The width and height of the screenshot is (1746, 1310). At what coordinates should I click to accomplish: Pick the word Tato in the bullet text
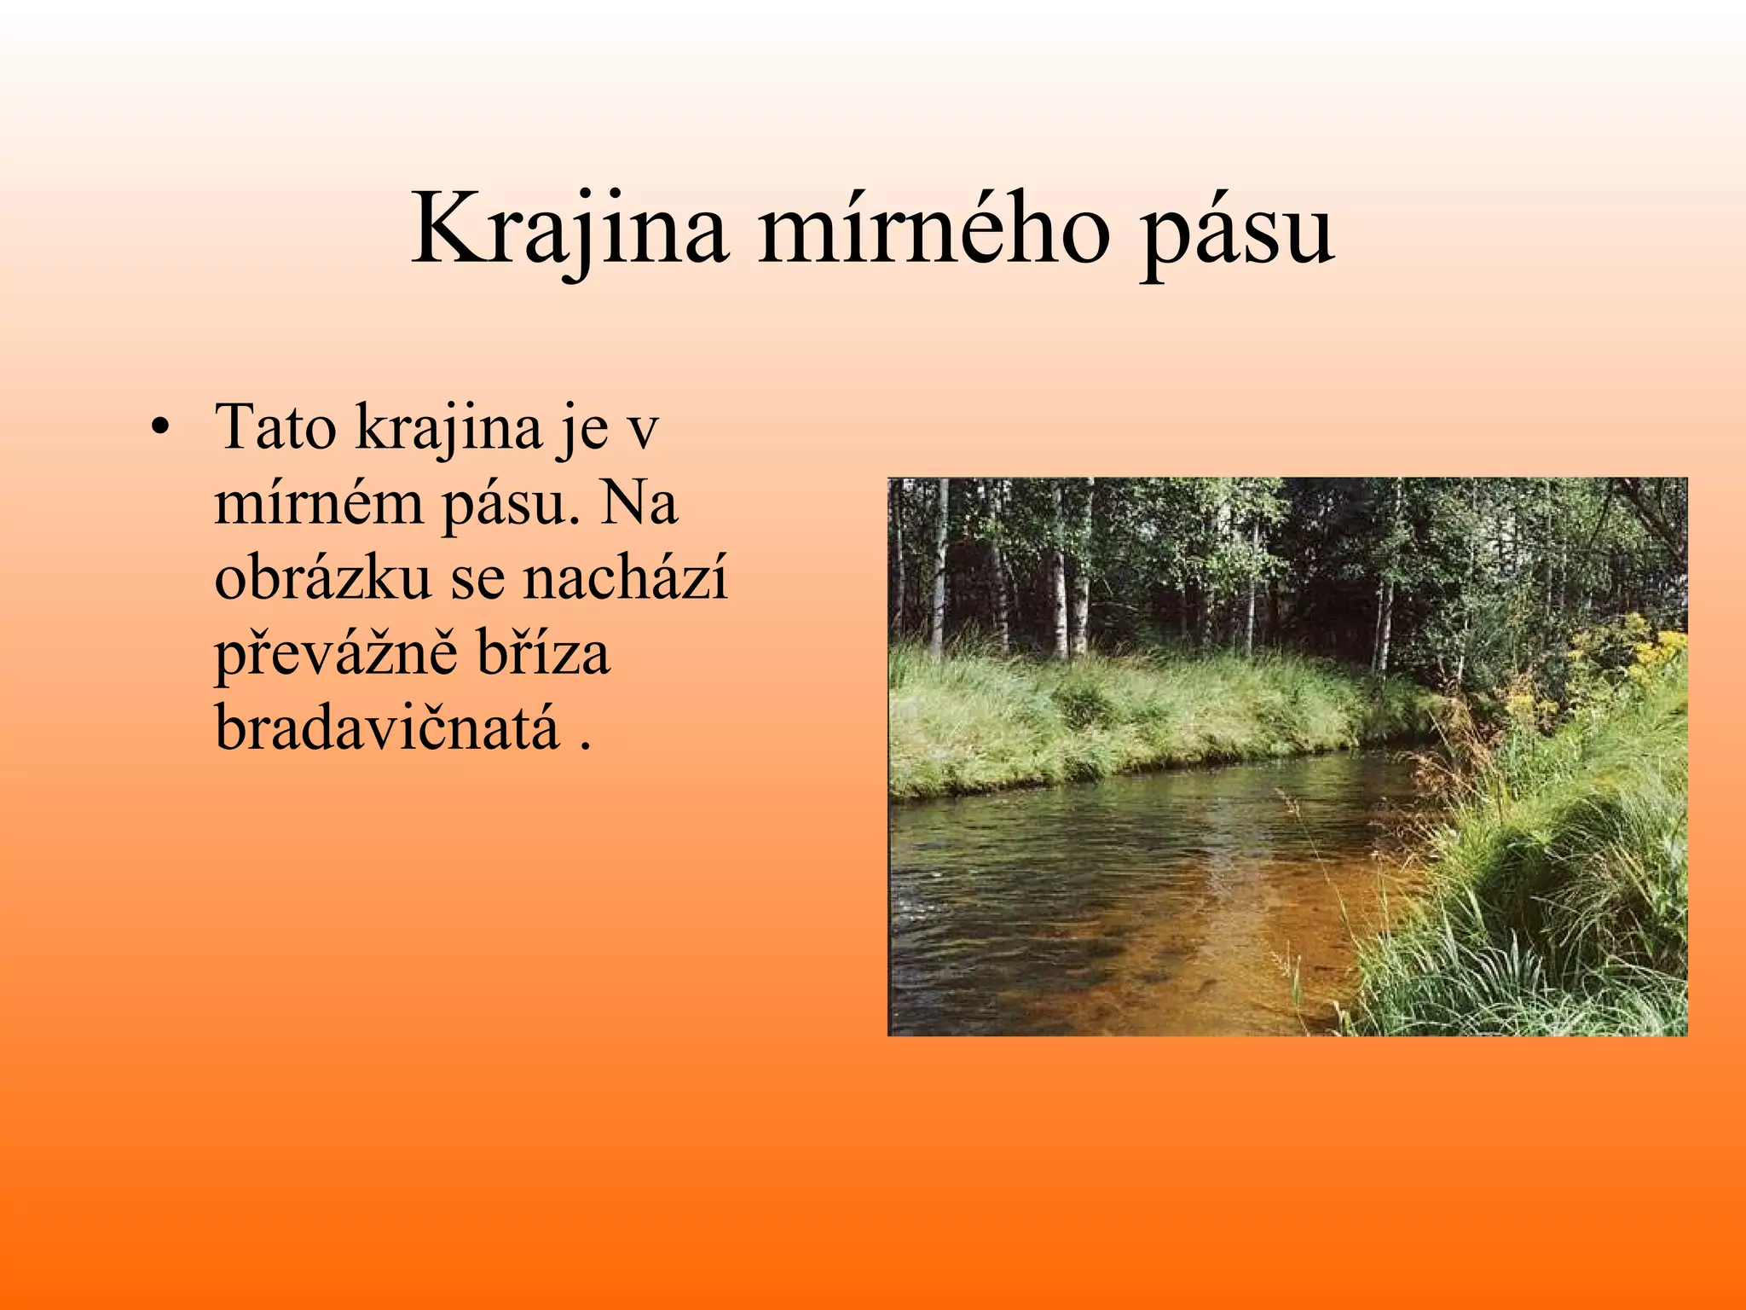pos(275,426)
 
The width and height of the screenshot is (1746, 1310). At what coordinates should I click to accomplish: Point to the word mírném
pos(318,503)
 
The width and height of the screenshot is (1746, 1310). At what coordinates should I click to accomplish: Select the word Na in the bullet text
pos(639,503)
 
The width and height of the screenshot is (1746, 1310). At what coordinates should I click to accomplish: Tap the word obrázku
pos(323,578)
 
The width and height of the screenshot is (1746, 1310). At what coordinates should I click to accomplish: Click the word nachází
pos(625,578)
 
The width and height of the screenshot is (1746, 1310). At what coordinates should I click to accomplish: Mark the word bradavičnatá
pos(386,728)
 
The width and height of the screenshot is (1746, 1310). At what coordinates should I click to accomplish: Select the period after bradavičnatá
pos(585,745)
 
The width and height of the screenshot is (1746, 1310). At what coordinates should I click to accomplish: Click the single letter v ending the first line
pos(643,432)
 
